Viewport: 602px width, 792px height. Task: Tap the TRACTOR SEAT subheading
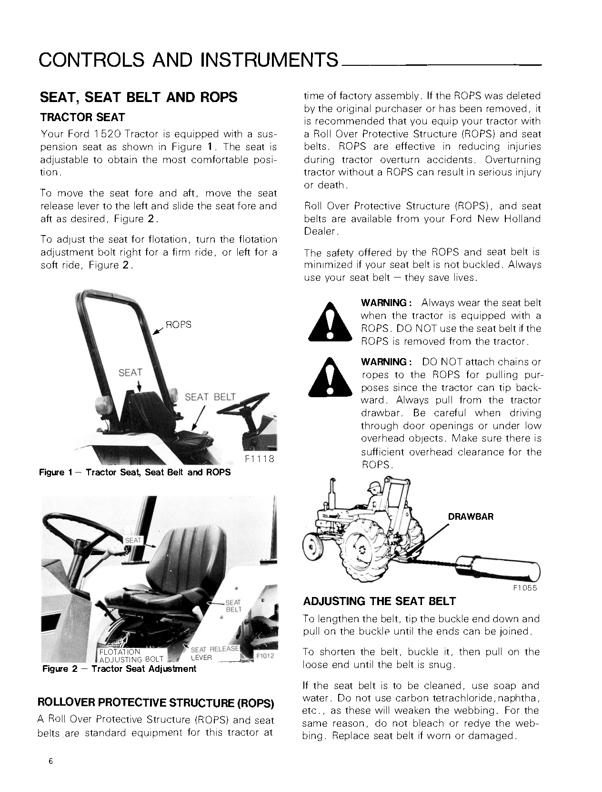click(x=82, y=117)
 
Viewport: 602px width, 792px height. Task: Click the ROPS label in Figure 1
click(x=178, y=325)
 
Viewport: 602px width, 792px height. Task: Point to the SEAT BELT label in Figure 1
click(x=210, y=397)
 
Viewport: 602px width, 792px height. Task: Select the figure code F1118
click(x=259, y=460)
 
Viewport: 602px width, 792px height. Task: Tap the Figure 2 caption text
click(x=119, y=669)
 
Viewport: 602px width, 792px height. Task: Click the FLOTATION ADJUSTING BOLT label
click(x=130, y=656)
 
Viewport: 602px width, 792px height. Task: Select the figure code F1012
click(x=265, y=656)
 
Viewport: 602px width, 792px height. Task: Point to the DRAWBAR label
click(x=471, y=516)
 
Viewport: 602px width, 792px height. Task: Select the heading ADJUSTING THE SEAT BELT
click(x=380, y=601)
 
